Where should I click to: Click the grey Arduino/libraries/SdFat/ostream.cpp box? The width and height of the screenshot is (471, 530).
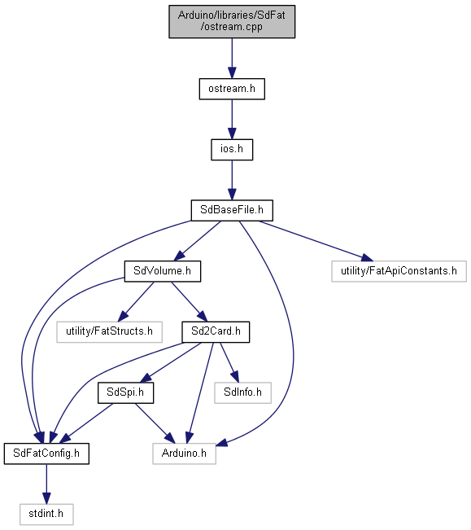click(232, 21)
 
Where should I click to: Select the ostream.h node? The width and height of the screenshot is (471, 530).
click(232, 89)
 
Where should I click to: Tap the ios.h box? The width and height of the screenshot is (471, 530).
click(232, 150)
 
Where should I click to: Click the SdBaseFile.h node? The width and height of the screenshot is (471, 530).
click(232, 211)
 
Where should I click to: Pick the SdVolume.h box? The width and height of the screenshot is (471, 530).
click(163, 271)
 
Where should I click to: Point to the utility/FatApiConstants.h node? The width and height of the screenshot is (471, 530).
click(399, 271)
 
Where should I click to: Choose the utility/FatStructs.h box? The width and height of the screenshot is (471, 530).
click(109, 332)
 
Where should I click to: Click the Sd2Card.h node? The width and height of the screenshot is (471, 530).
click(216, 332)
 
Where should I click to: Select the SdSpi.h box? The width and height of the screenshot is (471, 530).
click(125, 392)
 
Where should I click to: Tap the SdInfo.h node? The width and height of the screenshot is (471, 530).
click(242, 392)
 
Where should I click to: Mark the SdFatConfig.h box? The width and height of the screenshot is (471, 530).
click(46, 453)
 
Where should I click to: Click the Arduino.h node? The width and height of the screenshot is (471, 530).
click(185, 453)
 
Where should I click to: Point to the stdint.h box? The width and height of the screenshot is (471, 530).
click(46, 514)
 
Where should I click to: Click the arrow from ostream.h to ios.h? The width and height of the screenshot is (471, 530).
click(232, 120)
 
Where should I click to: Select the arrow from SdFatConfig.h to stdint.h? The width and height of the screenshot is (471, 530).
click(46, 484)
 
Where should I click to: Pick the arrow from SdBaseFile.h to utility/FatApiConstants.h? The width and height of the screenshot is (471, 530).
click(316, 241)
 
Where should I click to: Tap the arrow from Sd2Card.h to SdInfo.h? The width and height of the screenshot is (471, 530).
click(229, 362)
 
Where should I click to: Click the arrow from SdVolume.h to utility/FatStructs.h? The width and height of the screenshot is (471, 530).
click(135, 302)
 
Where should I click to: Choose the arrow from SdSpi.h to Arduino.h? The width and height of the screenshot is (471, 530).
click(155, 423)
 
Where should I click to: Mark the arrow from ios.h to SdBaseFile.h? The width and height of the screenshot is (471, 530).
click(232, 180)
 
